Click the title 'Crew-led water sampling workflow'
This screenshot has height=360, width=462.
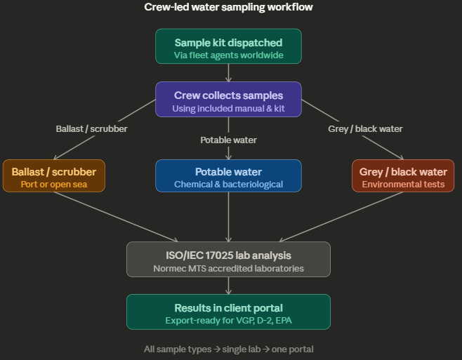tap(228, 7)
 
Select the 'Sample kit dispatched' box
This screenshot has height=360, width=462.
tap(228, 46)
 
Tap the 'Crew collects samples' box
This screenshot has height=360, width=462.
tap(228, 99)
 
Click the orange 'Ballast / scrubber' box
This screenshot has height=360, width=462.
tap(54, 176)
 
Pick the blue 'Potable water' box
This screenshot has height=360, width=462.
tap(228, 176)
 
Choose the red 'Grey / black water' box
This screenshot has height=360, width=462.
tap(403, 176)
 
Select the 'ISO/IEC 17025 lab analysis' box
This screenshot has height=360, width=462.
tap(228, 259)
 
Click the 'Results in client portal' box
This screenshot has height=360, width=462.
tap(228, 312)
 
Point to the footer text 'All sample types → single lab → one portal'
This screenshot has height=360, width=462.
tap(228, 349)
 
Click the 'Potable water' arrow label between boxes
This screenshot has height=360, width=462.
tap(228, 140)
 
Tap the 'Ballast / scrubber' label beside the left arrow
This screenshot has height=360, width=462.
tap(91, 128)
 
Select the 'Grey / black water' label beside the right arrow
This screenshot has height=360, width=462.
tap(365, 128)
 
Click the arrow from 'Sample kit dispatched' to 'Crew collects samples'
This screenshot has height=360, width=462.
tap(228, 73)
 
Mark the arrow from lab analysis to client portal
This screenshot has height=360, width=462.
tap(228, 286)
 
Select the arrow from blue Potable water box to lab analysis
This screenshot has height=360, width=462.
tap(228, 216)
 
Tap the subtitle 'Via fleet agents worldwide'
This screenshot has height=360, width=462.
tap(228, 54)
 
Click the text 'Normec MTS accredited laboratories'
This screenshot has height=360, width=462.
tap(228, 267)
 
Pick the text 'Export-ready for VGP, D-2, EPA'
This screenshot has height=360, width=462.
tap(228, 320)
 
